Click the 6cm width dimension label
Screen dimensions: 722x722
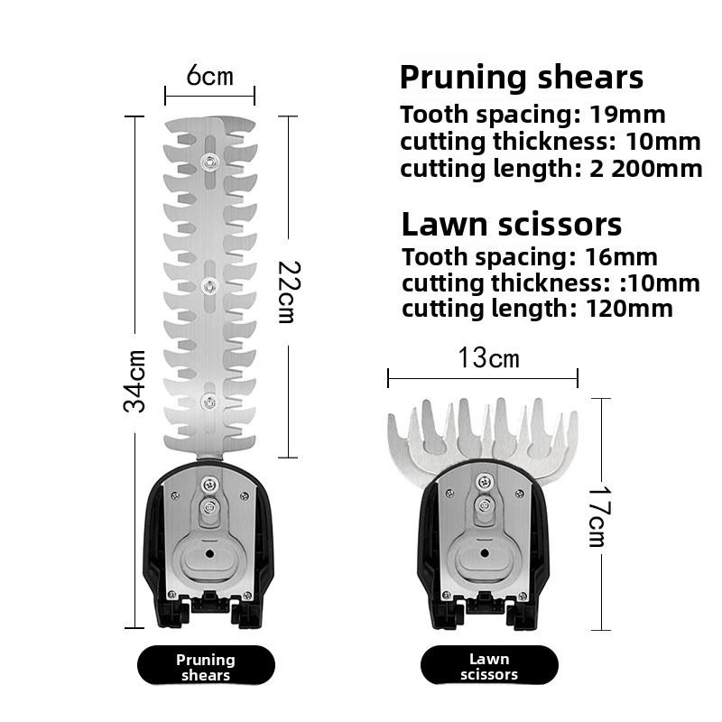(x=209, y=76)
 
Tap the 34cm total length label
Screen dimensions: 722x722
(x=135, y=381)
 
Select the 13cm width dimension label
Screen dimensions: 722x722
(x=488, y=357)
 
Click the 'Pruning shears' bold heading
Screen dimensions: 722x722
(x=522, y=77)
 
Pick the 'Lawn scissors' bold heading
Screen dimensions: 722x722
(x=511, y=224)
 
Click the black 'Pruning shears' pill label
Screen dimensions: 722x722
(x=206, y=667)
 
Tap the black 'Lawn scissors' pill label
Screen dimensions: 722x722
(x=489, y=667)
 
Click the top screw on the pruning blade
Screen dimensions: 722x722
(x=209, y=162)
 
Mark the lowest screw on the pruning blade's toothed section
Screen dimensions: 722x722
(x=209, y=401)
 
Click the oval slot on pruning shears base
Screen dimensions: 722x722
(x=208, y=553)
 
